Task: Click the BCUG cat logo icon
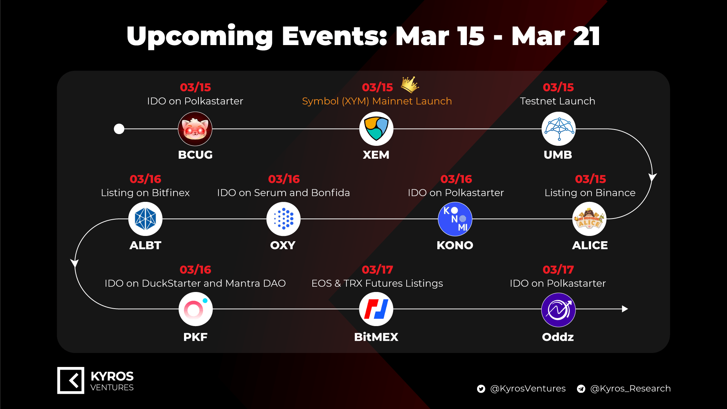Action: (195, 129)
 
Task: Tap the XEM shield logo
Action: (376, 129)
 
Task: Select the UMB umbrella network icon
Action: (559, 129)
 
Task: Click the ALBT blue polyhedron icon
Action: (145, 219)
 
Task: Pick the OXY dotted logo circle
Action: (284, 219)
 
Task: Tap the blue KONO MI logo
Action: (455, 219)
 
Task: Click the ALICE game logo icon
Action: (589, 219)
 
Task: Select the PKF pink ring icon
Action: (195, 309)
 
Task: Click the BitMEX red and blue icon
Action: (376, 309)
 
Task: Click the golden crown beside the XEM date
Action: (410, 84)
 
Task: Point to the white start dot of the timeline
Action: (119, 129)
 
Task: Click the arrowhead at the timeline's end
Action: (625, 309)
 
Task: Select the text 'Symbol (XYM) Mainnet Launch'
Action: (377, 101)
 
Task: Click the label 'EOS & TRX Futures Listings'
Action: (377, 283)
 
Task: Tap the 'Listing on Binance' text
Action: (590, 193)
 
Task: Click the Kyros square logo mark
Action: (71, 380)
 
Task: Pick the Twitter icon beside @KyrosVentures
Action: (481, 389)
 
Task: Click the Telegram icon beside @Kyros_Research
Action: (581, 389)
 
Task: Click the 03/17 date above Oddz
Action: (558, 270)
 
